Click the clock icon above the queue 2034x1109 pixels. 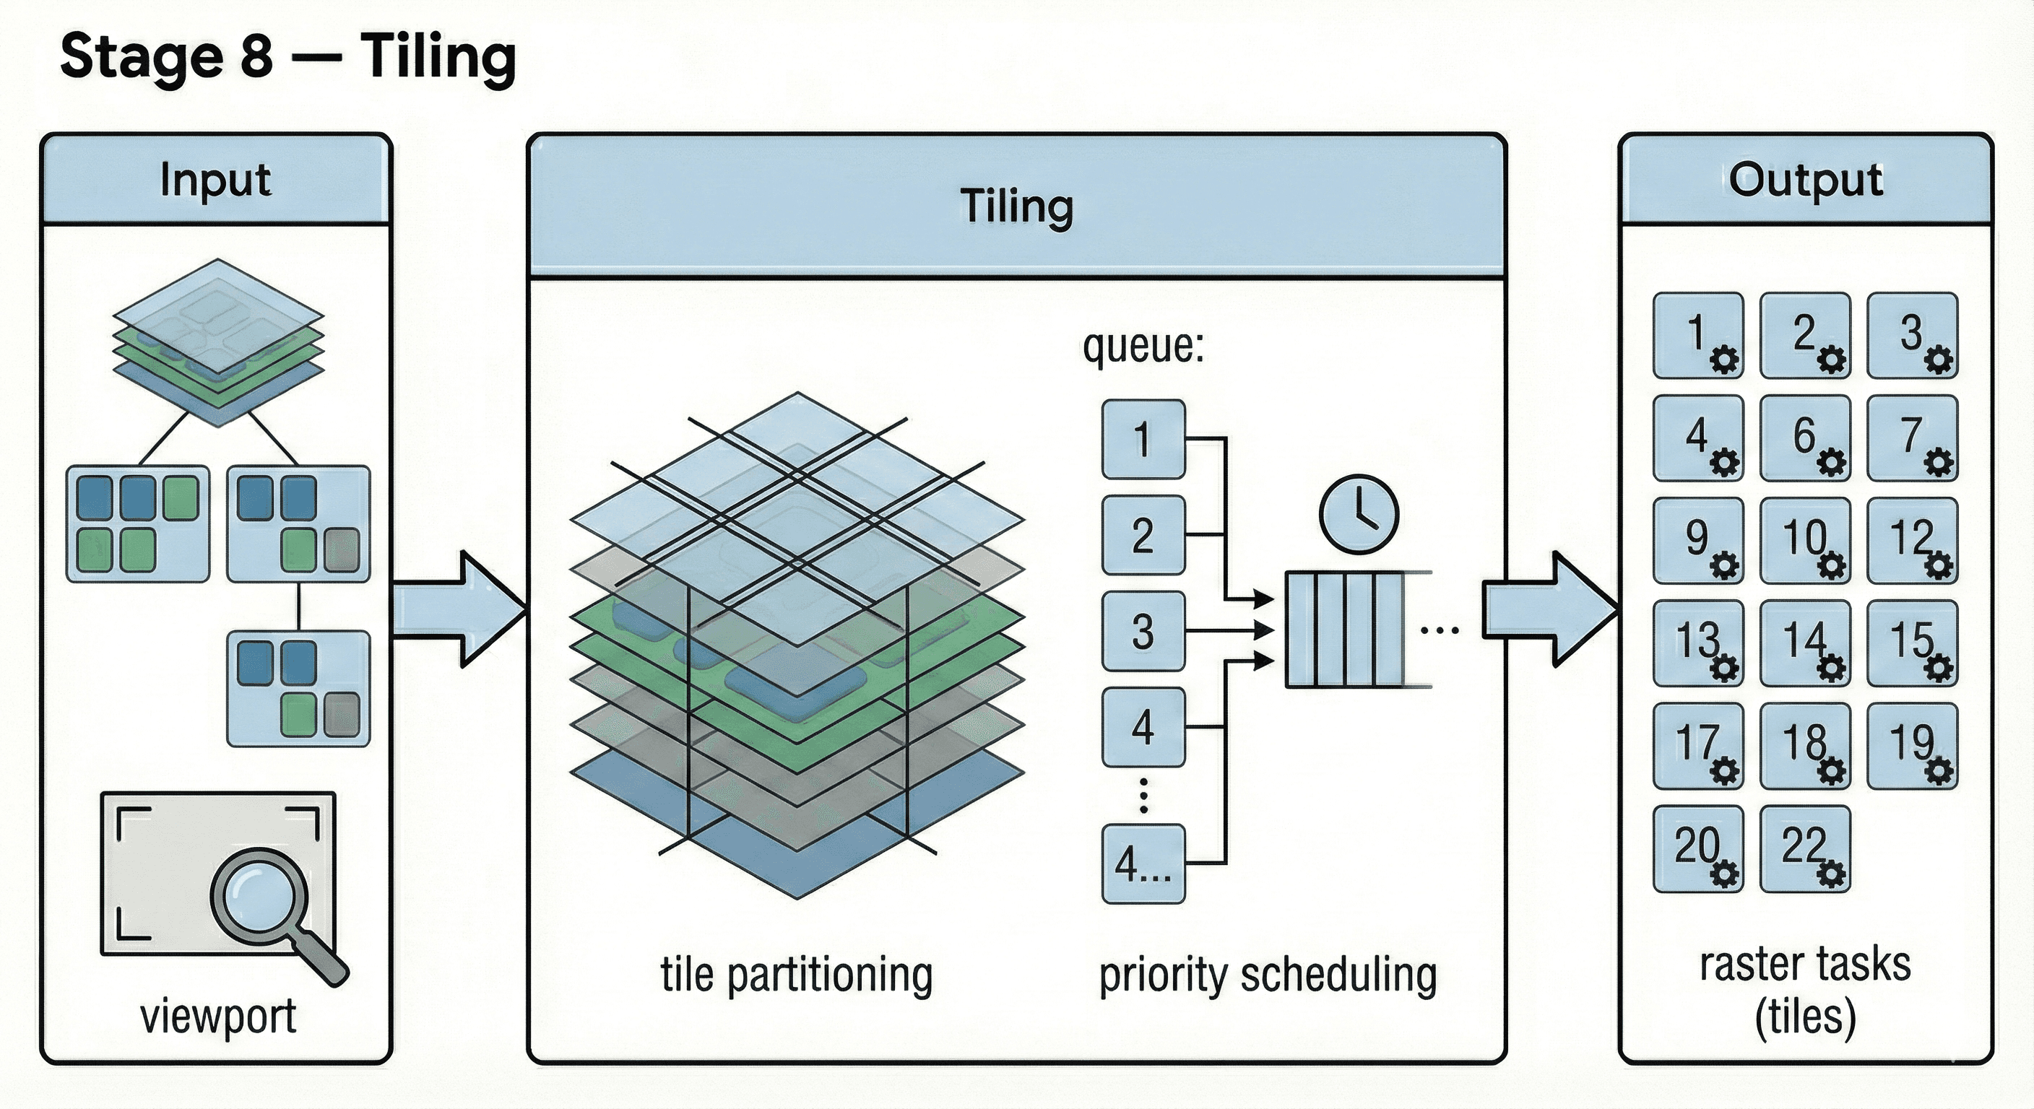point(1358,513)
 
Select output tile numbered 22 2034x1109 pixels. point(1805,848)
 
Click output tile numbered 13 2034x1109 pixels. point(1697,643)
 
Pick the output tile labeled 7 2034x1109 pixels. point(1912,438)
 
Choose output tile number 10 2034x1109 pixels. point(1805,541)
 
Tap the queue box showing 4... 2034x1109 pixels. point(1143,727)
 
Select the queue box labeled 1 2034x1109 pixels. point(1143,439)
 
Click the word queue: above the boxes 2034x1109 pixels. point(1143,346)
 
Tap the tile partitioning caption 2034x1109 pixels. point(796,975)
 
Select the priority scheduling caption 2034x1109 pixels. point(1268,975)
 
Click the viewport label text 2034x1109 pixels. point(218,1016)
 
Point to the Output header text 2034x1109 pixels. point(1805,180)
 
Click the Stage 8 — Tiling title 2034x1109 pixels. point(287,57)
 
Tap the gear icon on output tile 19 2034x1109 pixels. point(1939,771)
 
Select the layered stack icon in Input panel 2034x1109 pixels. point(218,344)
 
